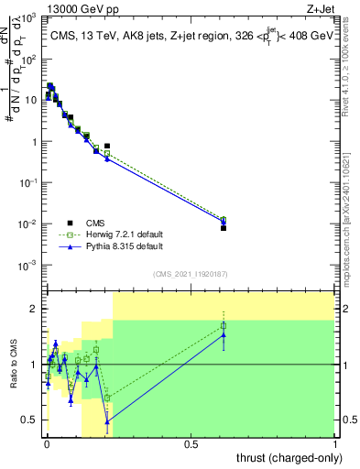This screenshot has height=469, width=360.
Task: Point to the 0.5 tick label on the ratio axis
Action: (x=30, y=420)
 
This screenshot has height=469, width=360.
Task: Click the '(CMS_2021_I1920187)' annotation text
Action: (x=190, y=273)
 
